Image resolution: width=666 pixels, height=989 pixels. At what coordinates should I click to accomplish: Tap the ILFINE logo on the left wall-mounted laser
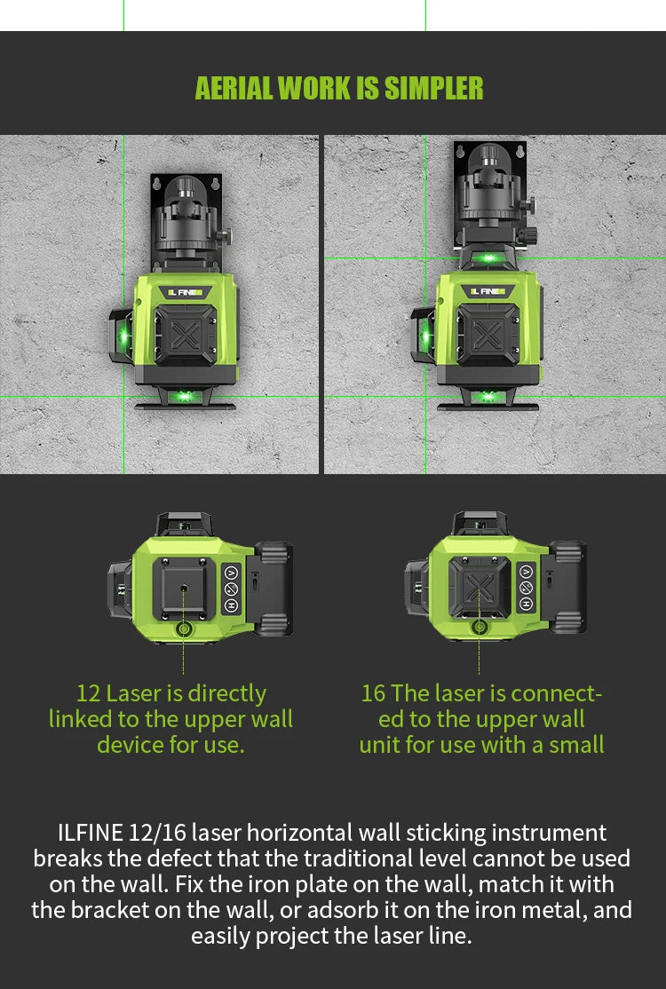click(187, 291)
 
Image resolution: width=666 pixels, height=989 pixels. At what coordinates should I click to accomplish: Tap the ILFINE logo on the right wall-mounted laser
click(488, 290)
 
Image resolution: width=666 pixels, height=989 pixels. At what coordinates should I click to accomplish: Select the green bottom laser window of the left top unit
click(185, 396)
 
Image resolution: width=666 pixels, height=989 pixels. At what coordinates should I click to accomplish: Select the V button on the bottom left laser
click(231, 573)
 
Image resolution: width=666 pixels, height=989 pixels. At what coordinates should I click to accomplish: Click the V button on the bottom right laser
click(526, 573)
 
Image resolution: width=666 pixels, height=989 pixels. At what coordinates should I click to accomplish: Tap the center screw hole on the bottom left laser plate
click(183, 588)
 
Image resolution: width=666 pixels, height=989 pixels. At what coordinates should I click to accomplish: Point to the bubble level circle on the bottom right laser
click(480, 628)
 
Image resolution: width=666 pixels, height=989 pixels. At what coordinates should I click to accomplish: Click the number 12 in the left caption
click(88, 693)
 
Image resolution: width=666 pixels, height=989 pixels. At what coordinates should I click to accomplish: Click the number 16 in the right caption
click(373, 693)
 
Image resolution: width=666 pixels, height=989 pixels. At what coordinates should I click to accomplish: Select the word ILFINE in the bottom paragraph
click(91, 834)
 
